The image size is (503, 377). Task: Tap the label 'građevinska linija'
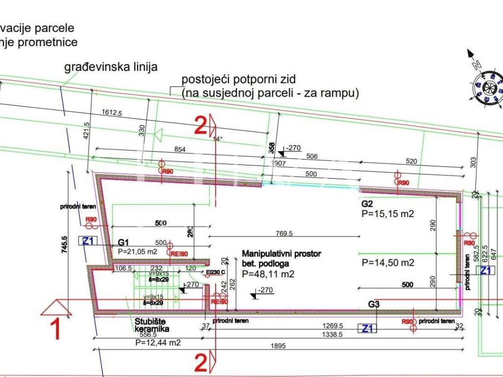(x=111, y=67)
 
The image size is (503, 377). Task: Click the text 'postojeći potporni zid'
(x=240, y=80)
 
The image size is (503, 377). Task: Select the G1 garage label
(x=123, y=242)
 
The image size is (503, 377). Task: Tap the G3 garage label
(x=374, y=304)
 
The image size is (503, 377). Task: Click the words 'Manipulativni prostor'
(x=281, y=254)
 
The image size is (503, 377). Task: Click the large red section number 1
(x=56, y=330)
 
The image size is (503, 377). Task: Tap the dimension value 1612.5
(x=112, y=112)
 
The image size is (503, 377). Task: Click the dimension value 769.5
(x=284, y=233)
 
